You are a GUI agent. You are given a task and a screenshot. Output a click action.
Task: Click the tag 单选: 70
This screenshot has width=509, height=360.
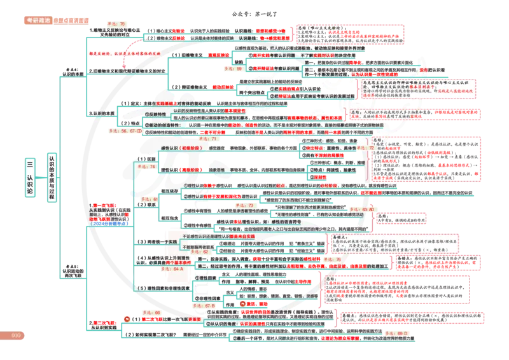[x=116, y=24]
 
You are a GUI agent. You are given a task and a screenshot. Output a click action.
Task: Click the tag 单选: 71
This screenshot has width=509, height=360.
[x=209, y=138]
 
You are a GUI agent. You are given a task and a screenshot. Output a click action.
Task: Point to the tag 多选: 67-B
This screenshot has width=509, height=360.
[x=203, y=306]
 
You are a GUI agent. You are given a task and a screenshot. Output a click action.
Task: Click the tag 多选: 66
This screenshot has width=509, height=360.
[x=151, y=313]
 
